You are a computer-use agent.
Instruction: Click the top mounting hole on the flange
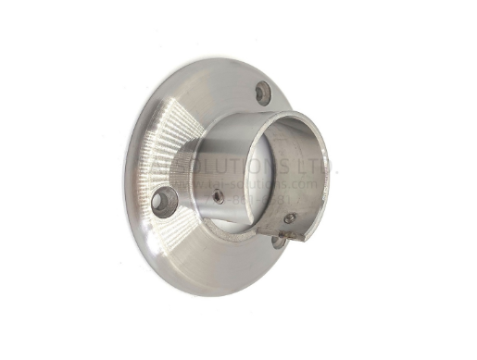(263, 92)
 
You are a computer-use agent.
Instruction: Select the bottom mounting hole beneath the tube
(278, 242)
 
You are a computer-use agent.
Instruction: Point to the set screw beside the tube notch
(290, 219)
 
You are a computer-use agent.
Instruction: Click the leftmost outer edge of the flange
(125, 185)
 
